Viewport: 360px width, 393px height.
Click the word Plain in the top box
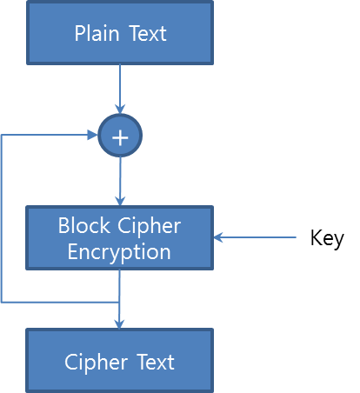pos(97,33)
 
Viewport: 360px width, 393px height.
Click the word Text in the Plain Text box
pos(148,33)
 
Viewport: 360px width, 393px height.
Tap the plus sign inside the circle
pos(120,137)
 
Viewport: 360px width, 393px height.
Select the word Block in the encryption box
pos(84,225)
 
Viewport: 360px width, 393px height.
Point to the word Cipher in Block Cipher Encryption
pos(149,226)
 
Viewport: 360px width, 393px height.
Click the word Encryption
pos(119,252)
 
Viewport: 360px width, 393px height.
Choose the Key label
pos(327,237)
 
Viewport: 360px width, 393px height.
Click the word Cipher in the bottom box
pos(96,363)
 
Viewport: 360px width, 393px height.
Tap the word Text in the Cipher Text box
pos(156,362)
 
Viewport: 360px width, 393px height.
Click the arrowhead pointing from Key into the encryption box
pos(218,237)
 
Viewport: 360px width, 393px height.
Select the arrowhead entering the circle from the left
pos(93,135)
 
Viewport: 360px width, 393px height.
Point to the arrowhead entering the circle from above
pos(120,110)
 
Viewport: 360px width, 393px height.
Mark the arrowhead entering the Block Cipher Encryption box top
pos(120,201)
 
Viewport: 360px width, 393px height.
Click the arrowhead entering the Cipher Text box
pos(119,324)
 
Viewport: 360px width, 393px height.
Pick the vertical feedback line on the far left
pos(2,219)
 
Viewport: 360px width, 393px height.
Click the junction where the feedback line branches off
pos(119,303)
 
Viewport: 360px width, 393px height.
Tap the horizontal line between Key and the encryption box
pos(255,237)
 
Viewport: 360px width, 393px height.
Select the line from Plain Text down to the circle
pos(120,90)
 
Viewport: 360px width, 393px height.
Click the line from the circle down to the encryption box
pos(120,182)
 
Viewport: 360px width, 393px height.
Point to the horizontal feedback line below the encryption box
pos(60,303)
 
